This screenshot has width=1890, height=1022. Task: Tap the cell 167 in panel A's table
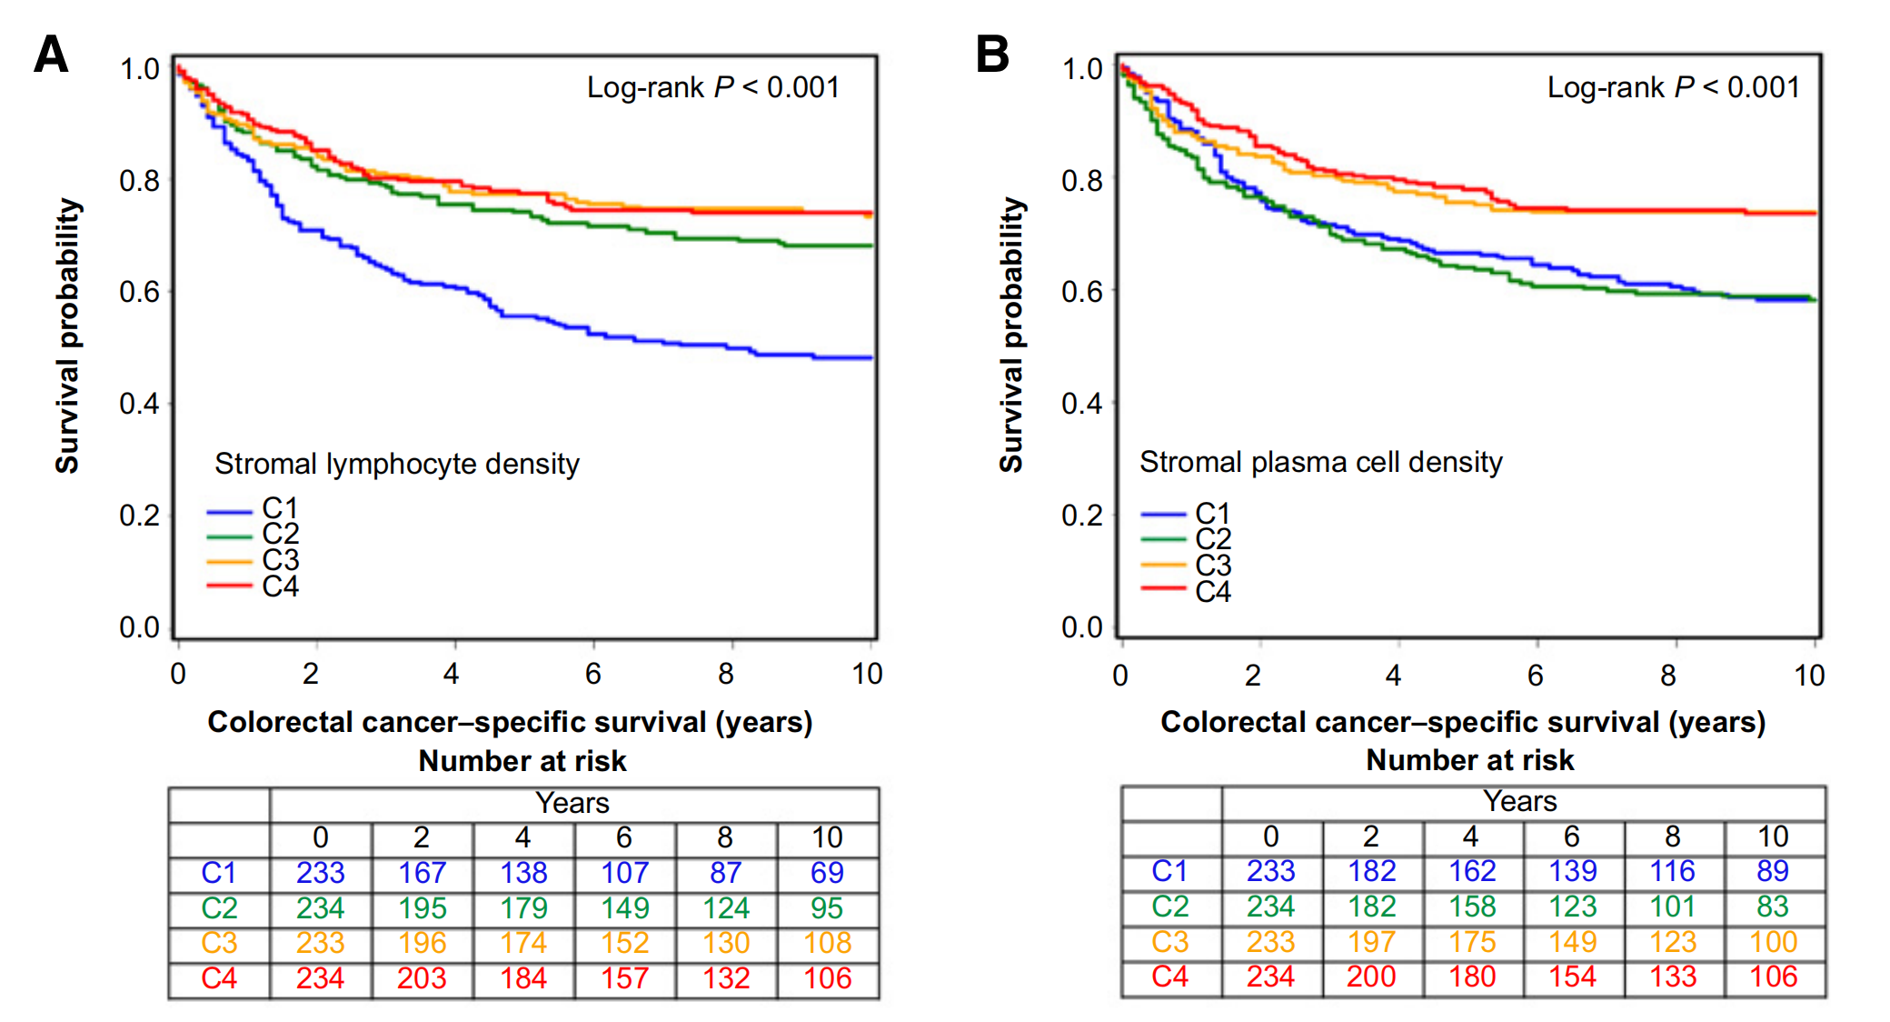pyautogui.click(x=422, y=873)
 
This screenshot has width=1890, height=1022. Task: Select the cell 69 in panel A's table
pyautogui.click(x=827, y=873)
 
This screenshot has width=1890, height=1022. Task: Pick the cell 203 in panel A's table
pyautogui.click(x=422, y=978)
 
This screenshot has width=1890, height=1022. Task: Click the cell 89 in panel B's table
pyautogui.click(x=1773, y=871)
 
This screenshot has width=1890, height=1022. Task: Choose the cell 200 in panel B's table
pyautogui.click(x=1371, y=977)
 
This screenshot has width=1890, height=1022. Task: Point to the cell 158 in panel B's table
pyautogui.click(x=1472, y=907)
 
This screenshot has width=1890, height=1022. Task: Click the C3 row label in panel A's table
pyautogui.click(x=219, y=943)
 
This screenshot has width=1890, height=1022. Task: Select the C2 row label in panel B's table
pyautogui.click(x=1169, y=907)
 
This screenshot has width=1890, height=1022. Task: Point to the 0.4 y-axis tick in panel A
pyautogui.click(x=139, y=404)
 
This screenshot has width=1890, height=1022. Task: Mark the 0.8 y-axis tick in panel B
pyautogui.click(x=1081, y=180)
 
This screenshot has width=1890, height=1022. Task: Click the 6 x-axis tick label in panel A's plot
pyautogui.click(x=593, y=674)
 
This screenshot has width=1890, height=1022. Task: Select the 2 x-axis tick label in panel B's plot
pyautogui.click(x=1253, y=676)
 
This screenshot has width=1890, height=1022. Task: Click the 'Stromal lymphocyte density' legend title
pyautogui.click(x=397, y=464)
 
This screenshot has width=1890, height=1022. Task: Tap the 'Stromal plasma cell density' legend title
pyautogui.click(x=1321, y=462)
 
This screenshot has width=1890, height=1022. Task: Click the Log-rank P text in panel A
pyautogui.click(x=713, y=87)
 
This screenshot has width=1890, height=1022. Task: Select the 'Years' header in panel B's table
pyautogui.click(x=1520, y=801)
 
